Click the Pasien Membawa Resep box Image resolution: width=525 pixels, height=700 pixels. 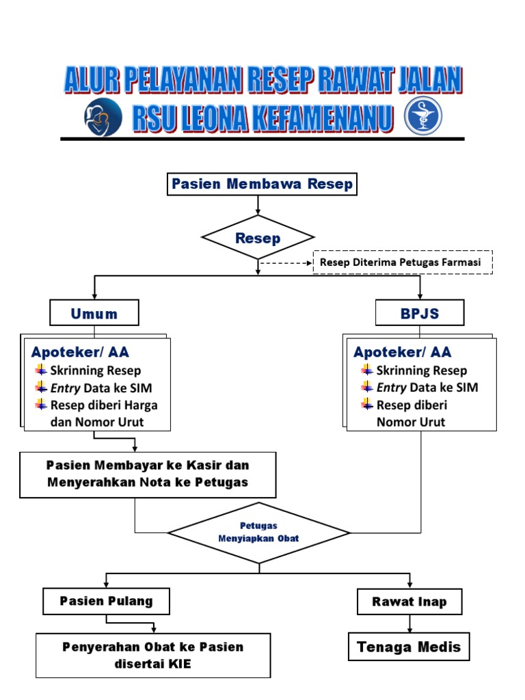262,184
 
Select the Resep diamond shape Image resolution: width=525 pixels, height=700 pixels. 258,238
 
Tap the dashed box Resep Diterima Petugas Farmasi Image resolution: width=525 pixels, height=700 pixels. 402,262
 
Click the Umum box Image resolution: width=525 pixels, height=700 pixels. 94,313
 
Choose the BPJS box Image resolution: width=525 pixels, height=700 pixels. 420,313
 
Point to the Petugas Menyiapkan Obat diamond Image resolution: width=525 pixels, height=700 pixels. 258,533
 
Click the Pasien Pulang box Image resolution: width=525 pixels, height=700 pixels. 106,602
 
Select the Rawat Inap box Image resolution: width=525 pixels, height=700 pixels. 409,602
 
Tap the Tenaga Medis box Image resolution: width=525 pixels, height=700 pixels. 409,647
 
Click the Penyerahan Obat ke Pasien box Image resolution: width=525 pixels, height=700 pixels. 153,655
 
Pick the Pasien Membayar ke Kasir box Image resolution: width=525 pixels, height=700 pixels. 148,474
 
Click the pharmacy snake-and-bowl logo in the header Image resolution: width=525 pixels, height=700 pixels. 423,118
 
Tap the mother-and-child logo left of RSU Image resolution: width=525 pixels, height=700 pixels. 103,118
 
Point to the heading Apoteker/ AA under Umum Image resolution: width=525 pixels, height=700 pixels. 80,353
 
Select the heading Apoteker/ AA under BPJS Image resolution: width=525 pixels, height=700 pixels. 403,353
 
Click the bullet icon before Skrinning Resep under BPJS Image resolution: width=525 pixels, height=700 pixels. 366,371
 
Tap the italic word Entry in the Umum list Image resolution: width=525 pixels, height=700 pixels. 65,388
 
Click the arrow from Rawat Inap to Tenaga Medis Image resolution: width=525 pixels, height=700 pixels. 410,623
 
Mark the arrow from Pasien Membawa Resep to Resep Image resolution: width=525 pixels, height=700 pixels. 258,204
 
